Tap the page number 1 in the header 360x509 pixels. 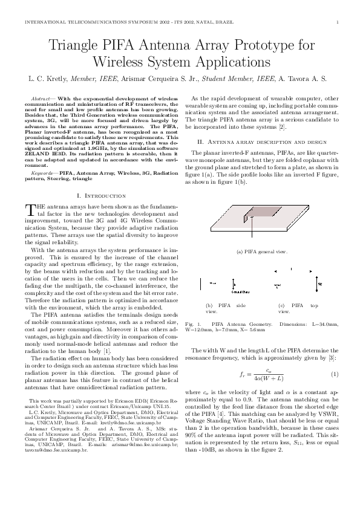pyautogui.click(x=336, y=22)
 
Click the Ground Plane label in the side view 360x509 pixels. pyautogui.click(x=233, y=291)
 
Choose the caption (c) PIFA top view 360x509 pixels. pyautogui.click(x=298, y=308)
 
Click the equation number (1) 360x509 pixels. pyautogui.click(x=334, y=375)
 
